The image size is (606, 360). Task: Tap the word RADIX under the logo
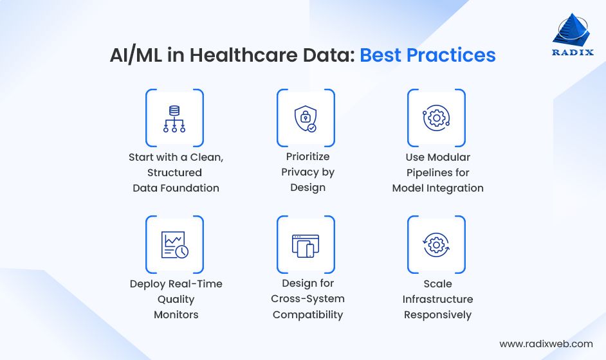571,53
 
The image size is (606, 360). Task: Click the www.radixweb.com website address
546,344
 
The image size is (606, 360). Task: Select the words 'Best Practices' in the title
427,55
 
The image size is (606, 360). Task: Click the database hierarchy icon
174,118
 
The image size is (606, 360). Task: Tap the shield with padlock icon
305,118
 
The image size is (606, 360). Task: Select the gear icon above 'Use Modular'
436,118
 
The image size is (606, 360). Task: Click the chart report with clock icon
174,244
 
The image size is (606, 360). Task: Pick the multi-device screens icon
305,244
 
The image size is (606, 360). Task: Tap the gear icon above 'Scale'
436,244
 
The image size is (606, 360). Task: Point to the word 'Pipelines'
437,172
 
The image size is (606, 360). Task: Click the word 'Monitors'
176,315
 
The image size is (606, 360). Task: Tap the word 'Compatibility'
308,315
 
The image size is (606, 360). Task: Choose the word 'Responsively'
437,315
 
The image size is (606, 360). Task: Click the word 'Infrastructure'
437,300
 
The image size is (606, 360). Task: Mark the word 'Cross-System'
308,299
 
